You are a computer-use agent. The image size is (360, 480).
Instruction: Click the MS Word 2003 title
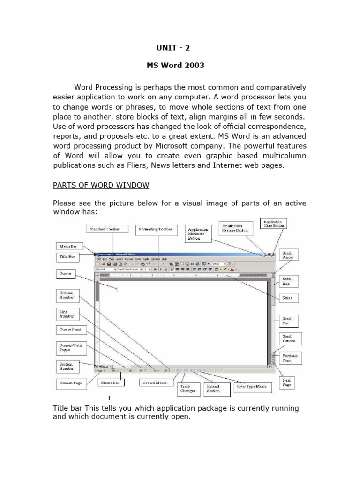[x=176, y=65]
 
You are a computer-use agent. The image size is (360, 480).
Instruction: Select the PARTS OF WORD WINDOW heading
[x=101, y=185]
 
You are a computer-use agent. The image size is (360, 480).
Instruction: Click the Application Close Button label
[x=274, y=223]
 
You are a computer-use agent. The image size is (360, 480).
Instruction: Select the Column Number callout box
[x=67, y=295]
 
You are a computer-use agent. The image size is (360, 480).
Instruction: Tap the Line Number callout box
[x=67, y=314]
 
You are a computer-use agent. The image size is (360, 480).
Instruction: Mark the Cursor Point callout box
[x=69, y=330]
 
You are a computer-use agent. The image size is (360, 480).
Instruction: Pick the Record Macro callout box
[x=155, y=383]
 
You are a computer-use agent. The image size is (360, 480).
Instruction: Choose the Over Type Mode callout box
[x=251, y=386]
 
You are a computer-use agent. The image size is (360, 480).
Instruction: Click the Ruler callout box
[x=287, y=298]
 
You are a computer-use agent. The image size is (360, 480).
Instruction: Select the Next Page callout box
[x=287, y=382]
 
